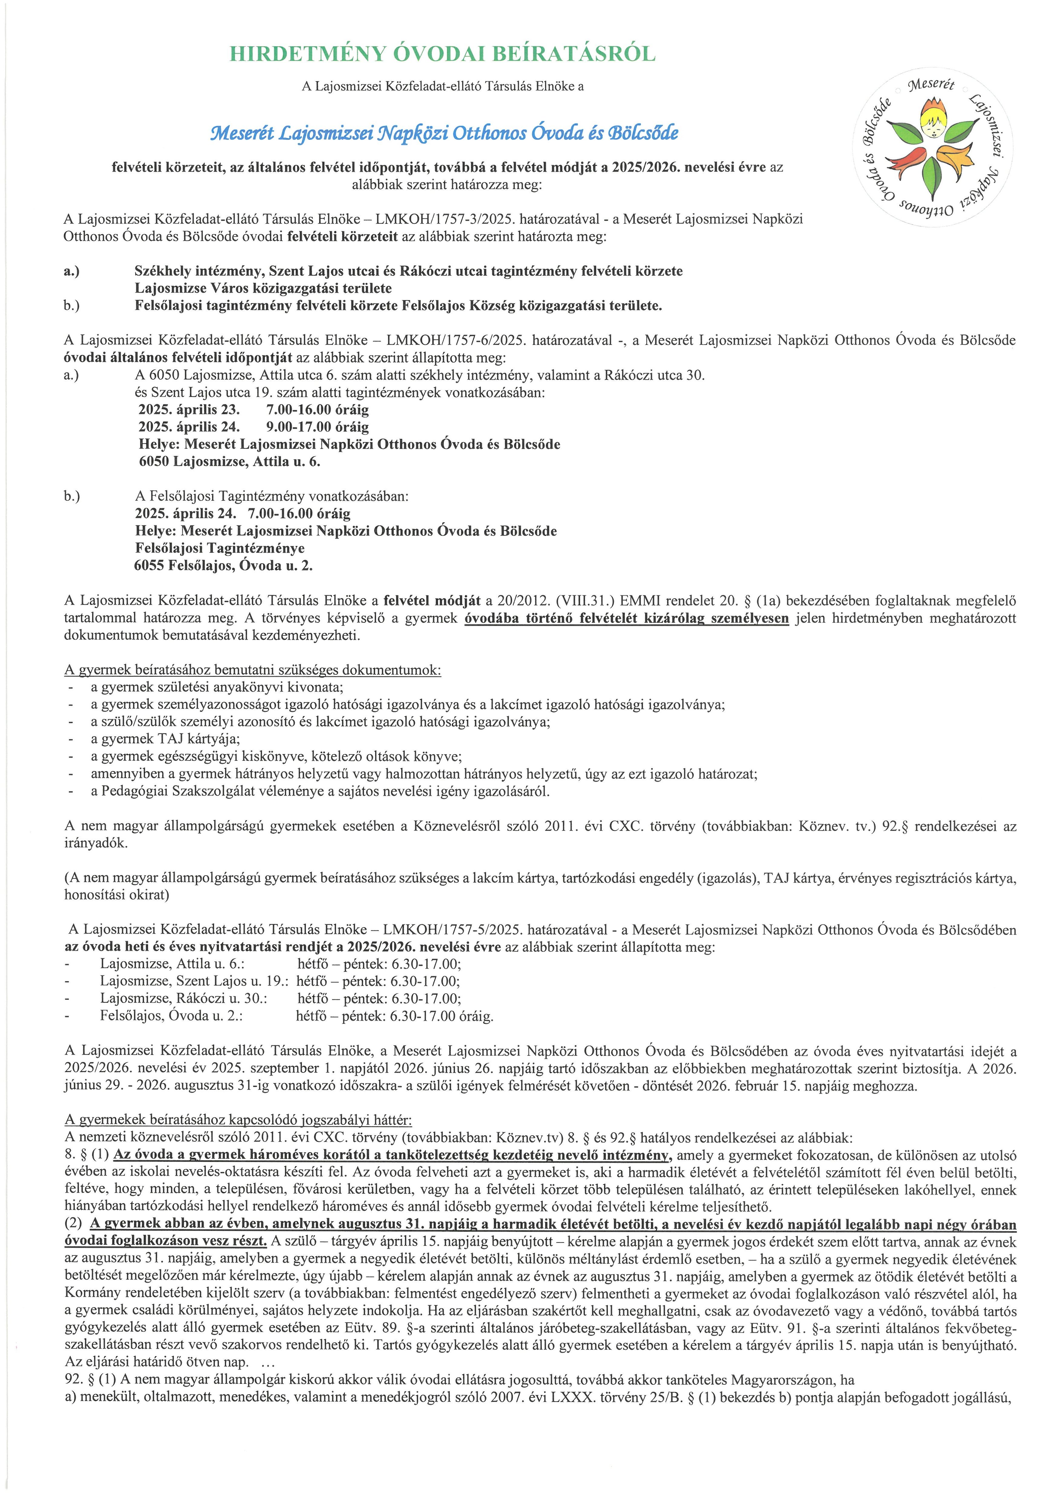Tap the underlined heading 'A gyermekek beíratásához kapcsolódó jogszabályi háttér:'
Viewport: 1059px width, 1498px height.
point(238,1120)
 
